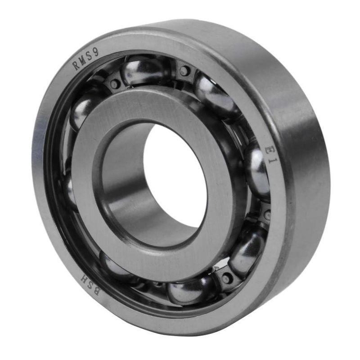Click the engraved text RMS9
pyautogui.click(x=86, y=59)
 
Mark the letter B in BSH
pyautogui.click(x=97, y=292)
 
